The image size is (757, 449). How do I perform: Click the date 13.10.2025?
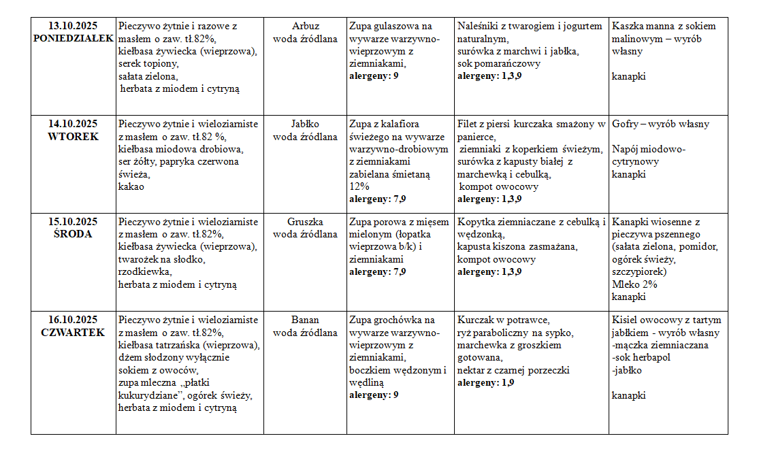(73, 27)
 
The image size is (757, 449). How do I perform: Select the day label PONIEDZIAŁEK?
(73, 39)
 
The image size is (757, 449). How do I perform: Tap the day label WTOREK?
(73, 137)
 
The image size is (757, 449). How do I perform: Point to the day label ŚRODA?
(73, 234)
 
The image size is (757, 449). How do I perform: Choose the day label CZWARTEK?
(73, 333)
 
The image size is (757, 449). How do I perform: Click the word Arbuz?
(305, 27)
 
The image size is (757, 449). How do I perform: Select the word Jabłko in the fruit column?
(305, 124)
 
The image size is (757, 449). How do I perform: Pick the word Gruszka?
(305, 222)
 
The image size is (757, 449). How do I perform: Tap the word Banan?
(305, 320)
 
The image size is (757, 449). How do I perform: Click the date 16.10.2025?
(73, 320)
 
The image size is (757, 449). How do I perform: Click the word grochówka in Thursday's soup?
(398, 320)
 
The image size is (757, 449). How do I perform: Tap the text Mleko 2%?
(634, 284)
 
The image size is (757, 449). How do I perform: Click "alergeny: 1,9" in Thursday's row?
(485, 383)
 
